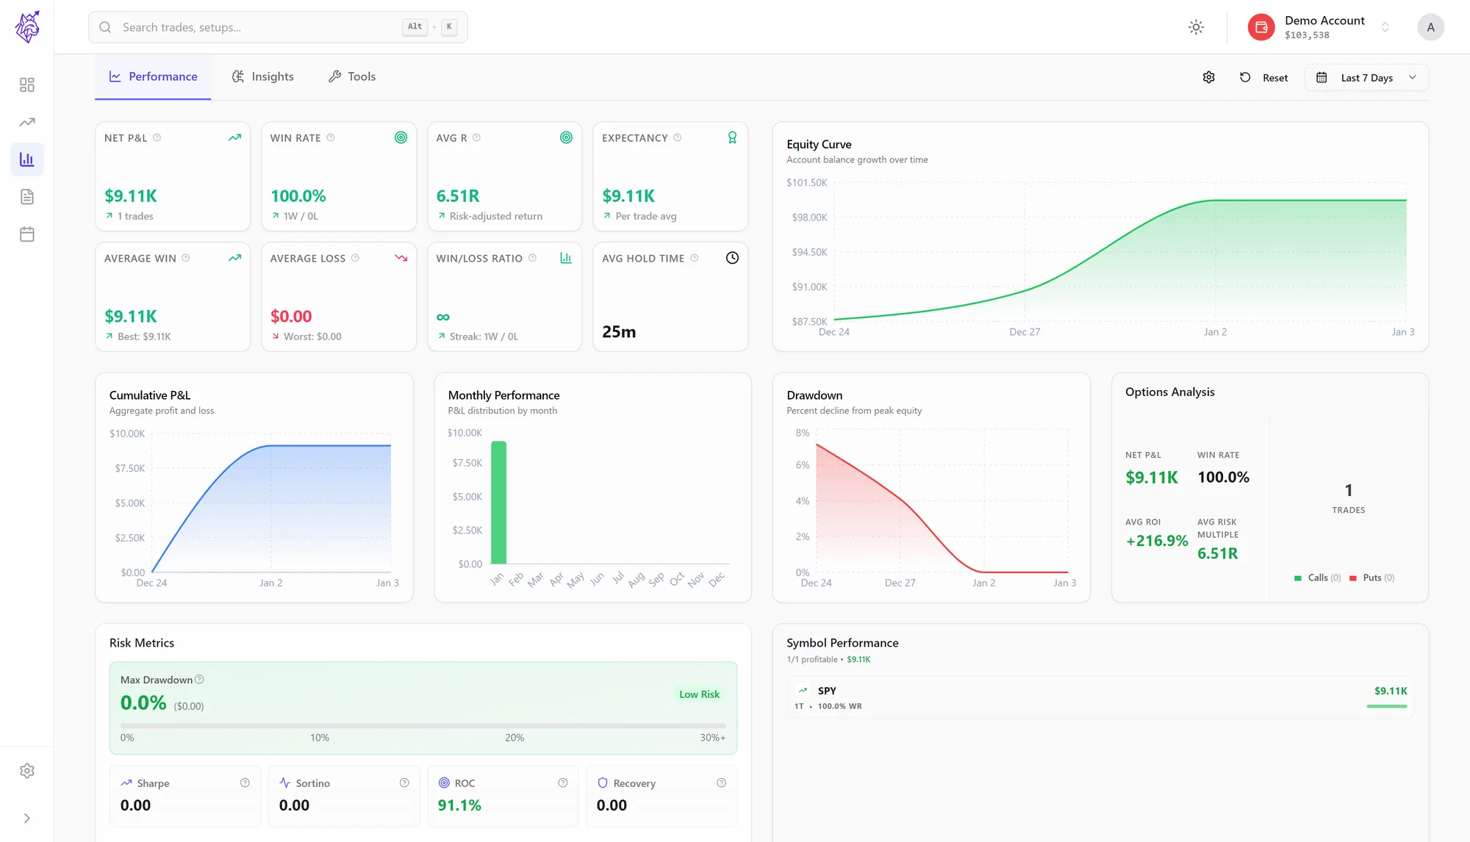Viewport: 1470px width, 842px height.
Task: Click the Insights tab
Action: click(x=262, y=76)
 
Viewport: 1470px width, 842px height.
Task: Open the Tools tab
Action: click(x=351, y=76)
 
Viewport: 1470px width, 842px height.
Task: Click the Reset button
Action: click(x=1263, y=78)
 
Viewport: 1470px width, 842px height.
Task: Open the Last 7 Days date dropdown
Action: click(x=1366, y=78)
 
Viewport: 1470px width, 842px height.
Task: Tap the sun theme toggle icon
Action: click(x=1196, y=27)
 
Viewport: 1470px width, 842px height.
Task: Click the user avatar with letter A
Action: click(x=1430, y=27)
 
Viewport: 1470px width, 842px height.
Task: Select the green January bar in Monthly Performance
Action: click(x=498, y=503)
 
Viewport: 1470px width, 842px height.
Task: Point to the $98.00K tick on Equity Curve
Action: click(x=809, y=217)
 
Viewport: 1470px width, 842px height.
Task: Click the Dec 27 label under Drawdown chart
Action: click(x=900, y=583)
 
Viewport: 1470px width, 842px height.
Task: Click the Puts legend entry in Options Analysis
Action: click(x=1372, y=577)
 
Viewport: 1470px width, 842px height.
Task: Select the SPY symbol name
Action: click(x=827, y=691)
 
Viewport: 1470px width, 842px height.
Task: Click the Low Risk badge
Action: click(x=699, y=694)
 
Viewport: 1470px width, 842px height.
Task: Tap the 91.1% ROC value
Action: click(x=459, y=805)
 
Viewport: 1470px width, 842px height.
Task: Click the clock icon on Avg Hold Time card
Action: click(x=732, y=258)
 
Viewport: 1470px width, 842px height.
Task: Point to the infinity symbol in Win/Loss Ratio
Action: click(x=442, y=317)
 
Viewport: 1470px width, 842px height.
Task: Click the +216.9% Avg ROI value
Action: click(x=1157, y=541)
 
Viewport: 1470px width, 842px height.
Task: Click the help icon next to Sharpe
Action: click(x=245, y=783)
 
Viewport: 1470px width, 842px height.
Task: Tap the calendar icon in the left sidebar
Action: click(x=27, y=234)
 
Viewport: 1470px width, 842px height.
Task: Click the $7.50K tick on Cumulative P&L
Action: click(x=130, y=469)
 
